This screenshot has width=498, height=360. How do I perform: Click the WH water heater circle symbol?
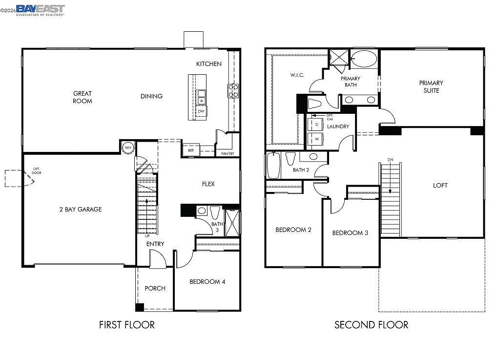coord(128,147)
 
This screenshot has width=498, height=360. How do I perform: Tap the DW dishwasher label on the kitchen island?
coord(201,111)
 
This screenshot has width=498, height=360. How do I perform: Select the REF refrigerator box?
coord(191,150)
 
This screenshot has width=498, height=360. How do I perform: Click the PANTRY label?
coord(228,153)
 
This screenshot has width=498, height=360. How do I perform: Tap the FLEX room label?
coord(208,184)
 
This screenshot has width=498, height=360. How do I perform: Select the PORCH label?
coord(155,288)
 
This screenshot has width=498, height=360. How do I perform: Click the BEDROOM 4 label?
coord(207,282)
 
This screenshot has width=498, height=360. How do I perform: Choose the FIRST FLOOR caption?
coord(127,325)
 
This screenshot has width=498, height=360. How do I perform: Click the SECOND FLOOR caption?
coord(371,325)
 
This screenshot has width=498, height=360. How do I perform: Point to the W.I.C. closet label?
coord(297,75)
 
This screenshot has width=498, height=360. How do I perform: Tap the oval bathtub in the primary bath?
coord(364,59)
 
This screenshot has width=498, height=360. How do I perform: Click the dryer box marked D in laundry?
coord(317,125)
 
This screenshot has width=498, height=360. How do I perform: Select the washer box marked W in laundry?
coord(317,139)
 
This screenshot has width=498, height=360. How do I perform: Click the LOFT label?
coord(440,186)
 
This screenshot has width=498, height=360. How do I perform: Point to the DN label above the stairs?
coord(390,160)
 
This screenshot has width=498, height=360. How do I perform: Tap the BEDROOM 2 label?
coord(293,230)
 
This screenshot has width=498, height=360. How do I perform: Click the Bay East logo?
coord(40,10)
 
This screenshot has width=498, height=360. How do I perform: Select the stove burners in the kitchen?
coord(233,91)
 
